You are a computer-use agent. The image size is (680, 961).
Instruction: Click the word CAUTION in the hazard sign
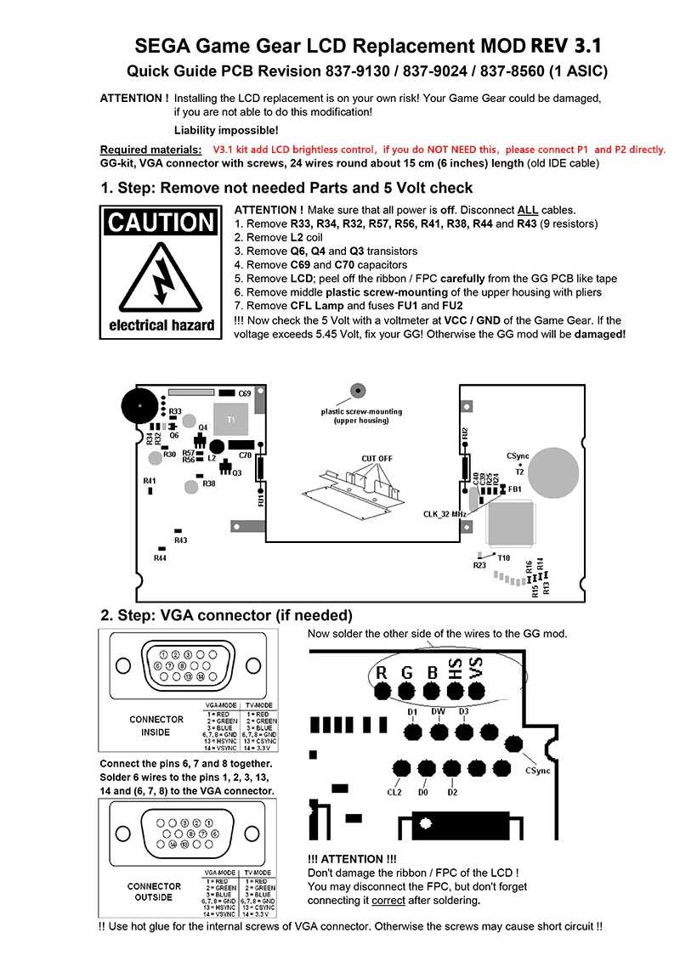[161, 223]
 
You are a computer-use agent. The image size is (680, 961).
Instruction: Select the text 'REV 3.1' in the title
[567, 46]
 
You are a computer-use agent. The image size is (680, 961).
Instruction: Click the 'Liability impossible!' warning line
[225, 130]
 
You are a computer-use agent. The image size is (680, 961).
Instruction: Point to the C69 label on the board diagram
[245, 394]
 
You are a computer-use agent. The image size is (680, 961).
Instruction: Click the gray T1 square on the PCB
[229, 420]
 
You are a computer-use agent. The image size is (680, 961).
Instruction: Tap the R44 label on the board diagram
[160, 558]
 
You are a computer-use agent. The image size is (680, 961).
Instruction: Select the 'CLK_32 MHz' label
[445, 514]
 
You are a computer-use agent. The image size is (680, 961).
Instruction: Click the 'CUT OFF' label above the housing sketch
[377, 459]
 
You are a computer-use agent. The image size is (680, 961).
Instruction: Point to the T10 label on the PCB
[503, 557]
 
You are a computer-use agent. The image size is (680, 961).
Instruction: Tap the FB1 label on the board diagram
[515, 489]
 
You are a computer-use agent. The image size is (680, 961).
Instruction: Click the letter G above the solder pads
[406, 673]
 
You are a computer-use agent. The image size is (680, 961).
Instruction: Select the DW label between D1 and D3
[438, 711]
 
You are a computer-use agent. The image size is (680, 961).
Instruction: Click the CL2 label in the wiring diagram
[394, 792]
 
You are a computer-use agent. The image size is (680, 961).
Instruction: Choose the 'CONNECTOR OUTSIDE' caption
[154, 891]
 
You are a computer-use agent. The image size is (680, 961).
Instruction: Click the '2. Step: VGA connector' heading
[226, 615]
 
